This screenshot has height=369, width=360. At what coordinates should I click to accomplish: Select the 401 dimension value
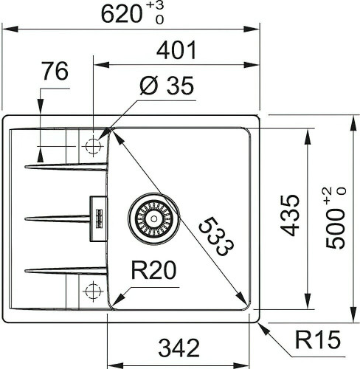pyautogui.click(x=177, y=50)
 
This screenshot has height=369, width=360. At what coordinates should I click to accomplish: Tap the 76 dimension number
pyautogui.click(x=55, y=72)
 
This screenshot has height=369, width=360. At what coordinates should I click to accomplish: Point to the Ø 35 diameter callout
pyautogui.click(x=166, y=87)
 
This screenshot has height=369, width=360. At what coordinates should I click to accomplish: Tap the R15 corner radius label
pyautogui.click(x=318, y=340)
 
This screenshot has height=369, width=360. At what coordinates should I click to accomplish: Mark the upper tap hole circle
pyautogui.click(x=93, y=146)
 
